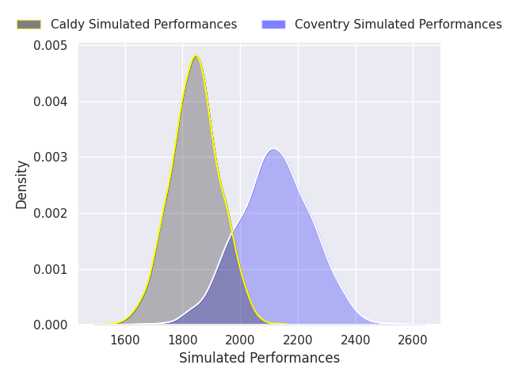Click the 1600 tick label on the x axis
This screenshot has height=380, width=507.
125,340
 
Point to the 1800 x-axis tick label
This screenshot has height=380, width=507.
183,340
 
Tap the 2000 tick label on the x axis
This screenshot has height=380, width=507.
240,340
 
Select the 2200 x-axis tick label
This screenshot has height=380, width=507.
298,340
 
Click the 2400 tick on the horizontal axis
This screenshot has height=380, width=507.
356,340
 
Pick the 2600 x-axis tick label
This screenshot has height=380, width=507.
413,340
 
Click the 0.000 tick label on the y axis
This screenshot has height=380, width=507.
51,325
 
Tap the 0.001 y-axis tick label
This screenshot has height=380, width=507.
51,269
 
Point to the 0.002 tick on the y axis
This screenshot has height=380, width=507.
51,214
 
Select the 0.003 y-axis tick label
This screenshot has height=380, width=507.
51,158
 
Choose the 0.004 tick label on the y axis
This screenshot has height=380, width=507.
51,102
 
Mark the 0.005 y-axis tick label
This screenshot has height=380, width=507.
51,46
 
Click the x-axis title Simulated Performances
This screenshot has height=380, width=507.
259,359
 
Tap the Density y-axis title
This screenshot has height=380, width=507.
22,184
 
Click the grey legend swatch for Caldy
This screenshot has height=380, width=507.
29,25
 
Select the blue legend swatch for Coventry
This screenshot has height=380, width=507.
273,25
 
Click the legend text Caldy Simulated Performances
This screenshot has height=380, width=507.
143,25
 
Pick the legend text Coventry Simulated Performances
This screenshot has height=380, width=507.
398,25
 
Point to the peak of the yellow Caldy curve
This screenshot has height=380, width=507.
196,56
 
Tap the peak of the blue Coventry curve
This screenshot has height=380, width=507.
273,149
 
